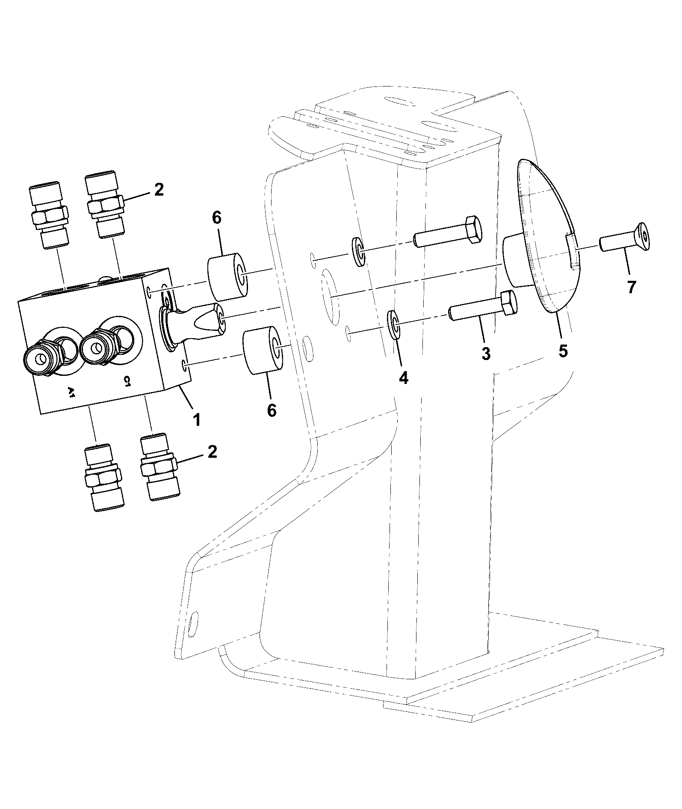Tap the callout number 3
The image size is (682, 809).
pos(486,353)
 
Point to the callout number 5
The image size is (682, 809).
pos(563,351)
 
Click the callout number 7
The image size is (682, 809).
pos(632,286)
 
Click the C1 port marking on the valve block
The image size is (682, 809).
pos(127,381)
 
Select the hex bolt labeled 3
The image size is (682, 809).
pos(483,306)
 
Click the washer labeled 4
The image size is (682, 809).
pos(393,321)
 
